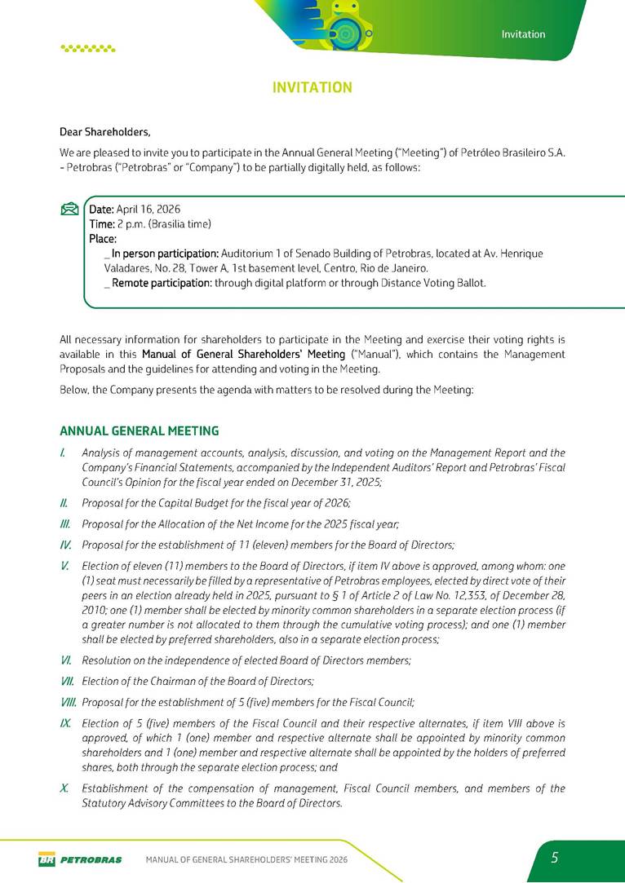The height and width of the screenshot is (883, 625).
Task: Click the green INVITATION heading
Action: coord(312,87)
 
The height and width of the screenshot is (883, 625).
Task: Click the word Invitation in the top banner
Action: coord(523,34)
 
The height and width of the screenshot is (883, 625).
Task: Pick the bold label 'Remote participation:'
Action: coord(162,283)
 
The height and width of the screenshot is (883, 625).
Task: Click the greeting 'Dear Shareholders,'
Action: coord(105,131)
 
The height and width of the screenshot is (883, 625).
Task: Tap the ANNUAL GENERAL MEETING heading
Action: coord(140,430)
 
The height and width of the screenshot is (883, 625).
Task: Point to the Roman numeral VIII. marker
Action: coord(69,701)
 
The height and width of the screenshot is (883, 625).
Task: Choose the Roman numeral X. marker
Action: coord(64,788)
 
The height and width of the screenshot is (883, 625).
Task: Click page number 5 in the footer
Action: coord(555,857)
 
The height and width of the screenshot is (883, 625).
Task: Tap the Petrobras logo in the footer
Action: coord(80,859)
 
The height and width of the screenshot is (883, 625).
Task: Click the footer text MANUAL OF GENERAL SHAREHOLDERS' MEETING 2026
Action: coord(246,859)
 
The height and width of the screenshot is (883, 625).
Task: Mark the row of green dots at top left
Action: coord(88,48)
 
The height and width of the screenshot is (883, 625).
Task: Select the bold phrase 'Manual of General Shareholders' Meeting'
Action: coord(243,354)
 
